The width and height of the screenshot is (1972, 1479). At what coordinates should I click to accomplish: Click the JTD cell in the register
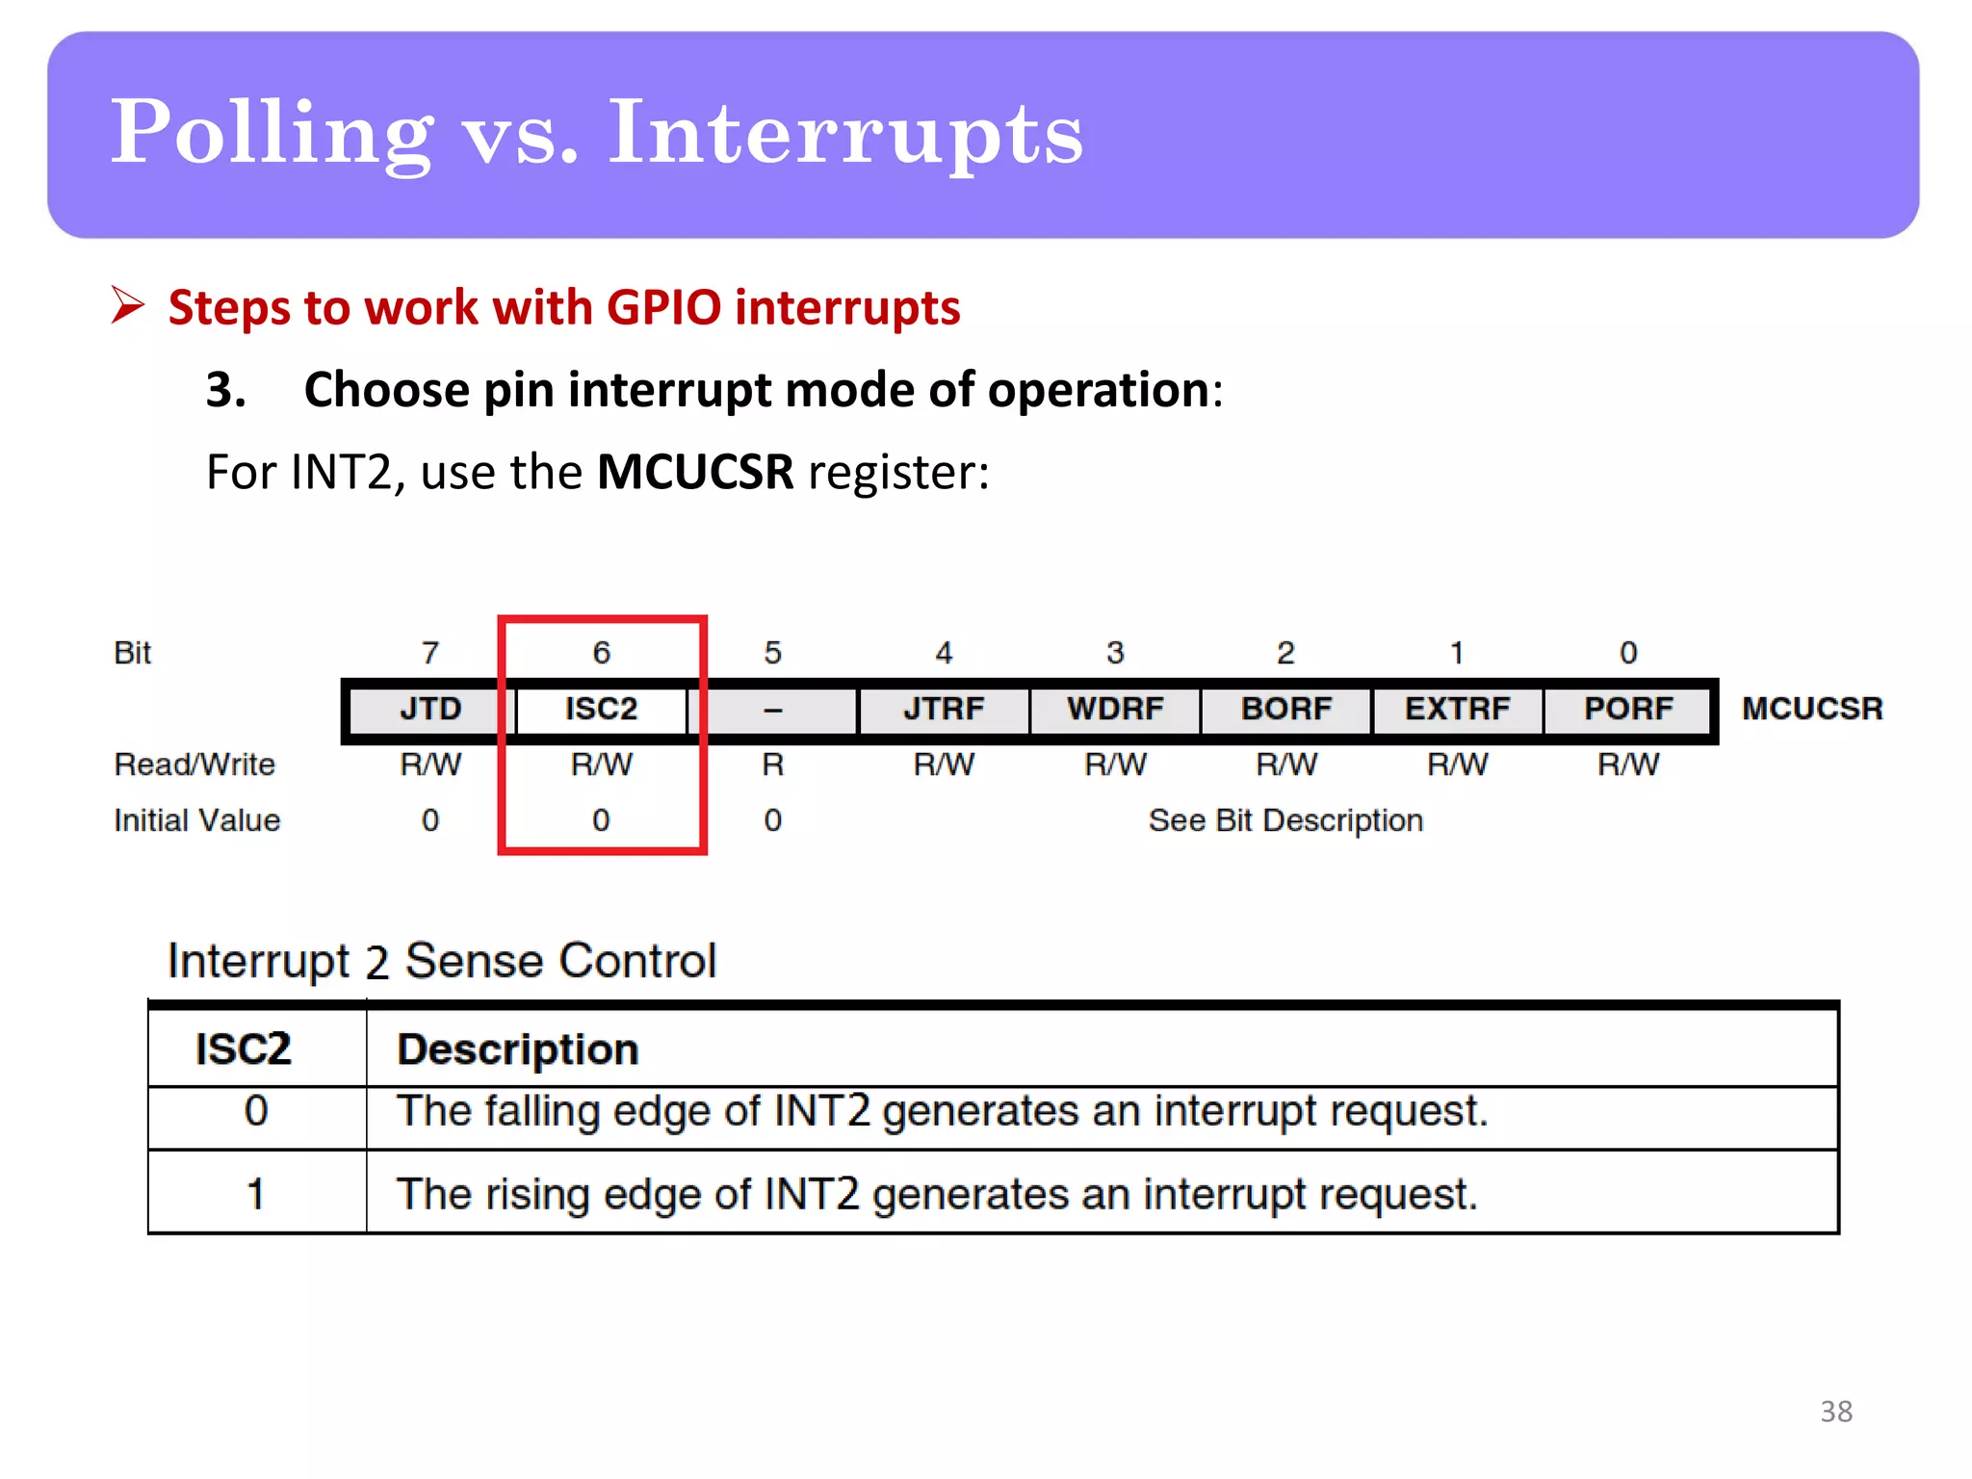coord(430,709)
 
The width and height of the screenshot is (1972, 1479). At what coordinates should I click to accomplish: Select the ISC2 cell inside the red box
coord(601,709)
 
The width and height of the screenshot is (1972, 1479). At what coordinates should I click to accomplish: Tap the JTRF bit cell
coord(944,709)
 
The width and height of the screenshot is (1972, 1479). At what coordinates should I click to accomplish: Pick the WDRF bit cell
coord(1115,709)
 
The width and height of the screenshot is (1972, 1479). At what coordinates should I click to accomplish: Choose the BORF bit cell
coord(1286,709)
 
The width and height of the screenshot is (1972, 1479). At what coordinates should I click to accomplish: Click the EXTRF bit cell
coord(1457,709)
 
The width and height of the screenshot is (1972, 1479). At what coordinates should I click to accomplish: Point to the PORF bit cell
coord(1628,709)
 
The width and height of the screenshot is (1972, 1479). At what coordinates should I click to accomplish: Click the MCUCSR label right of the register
coord(1812,709)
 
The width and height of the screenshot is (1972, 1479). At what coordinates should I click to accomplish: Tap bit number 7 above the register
coord(430,653)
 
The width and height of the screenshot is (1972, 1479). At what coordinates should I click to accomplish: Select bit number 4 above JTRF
coord(944,653)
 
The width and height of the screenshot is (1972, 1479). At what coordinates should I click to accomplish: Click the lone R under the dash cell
coord(772,765)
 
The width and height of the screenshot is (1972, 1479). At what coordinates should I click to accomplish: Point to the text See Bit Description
coord(1285,820)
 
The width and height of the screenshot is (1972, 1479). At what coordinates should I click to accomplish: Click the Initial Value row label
coord(197,820)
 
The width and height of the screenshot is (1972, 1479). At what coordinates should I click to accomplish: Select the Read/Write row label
coord(195,765)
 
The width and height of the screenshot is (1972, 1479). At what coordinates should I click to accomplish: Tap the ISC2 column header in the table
coord(243,1049)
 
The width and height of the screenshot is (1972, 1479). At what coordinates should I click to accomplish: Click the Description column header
coord(518,1049)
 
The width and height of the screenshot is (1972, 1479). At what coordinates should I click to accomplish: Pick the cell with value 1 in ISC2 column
coord(255,1194)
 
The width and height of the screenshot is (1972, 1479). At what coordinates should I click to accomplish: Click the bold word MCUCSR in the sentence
coord(695,472)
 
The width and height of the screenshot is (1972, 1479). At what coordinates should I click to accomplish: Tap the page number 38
coord(1836,1412)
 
